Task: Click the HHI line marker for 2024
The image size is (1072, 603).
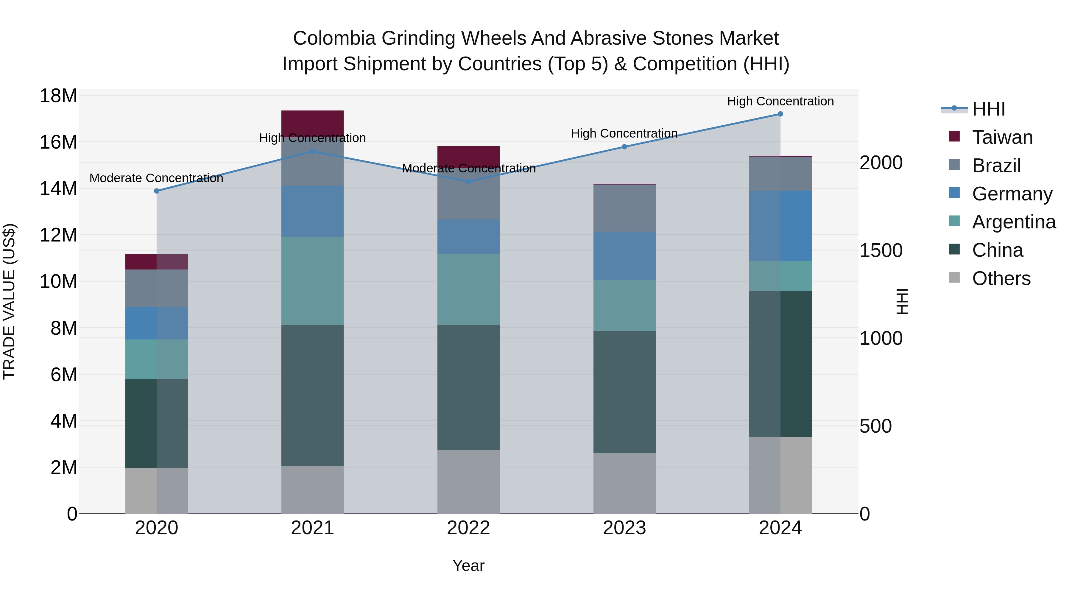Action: coord(780,114)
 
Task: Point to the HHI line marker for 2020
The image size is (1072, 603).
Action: coord(156,191)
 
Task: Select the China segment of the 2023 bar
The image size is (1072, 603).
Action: coord(624,392)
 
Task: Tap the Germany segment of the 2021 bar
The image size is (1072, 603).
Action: coord(313,211)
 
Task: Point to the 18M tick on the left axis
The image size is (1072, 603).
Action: coord(58,96)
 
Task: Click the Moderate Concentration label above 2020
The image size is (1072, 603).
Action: coord(156,178)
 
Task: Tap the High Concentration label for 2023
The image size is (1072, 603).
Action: coord(624,134)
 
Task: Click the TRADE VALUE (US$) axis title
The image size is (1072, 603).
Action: coord(9,301)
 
